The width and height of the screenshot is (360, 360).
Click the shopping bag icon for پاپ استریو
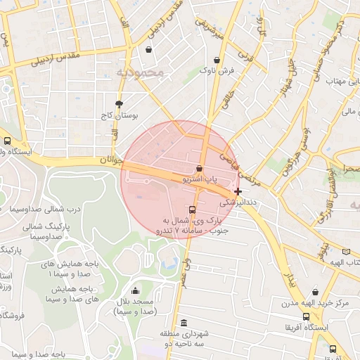(200, 169)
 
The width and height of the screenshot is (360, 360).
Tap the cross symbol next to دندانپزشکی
(238, 191)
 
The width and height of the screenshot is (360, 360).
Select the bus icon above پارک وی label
(192, 210)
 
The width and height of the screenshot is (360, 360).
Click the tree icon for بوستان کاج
(118, 103)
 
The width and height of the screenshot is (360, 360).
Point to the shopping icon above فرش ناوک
(217, 60)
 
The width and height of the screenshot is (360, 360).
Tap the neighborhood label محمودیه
(140, 72)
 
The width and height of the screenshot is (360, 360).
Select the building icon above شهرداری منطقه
(184, 323)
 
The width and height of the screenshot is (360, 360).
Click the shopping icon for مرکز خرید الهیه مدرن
(315, 292)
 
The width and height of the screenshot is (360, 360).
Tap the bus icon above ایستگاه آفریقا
(306, 316)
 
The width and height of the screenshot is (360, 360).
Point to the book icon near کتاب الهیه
(345, 251)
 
